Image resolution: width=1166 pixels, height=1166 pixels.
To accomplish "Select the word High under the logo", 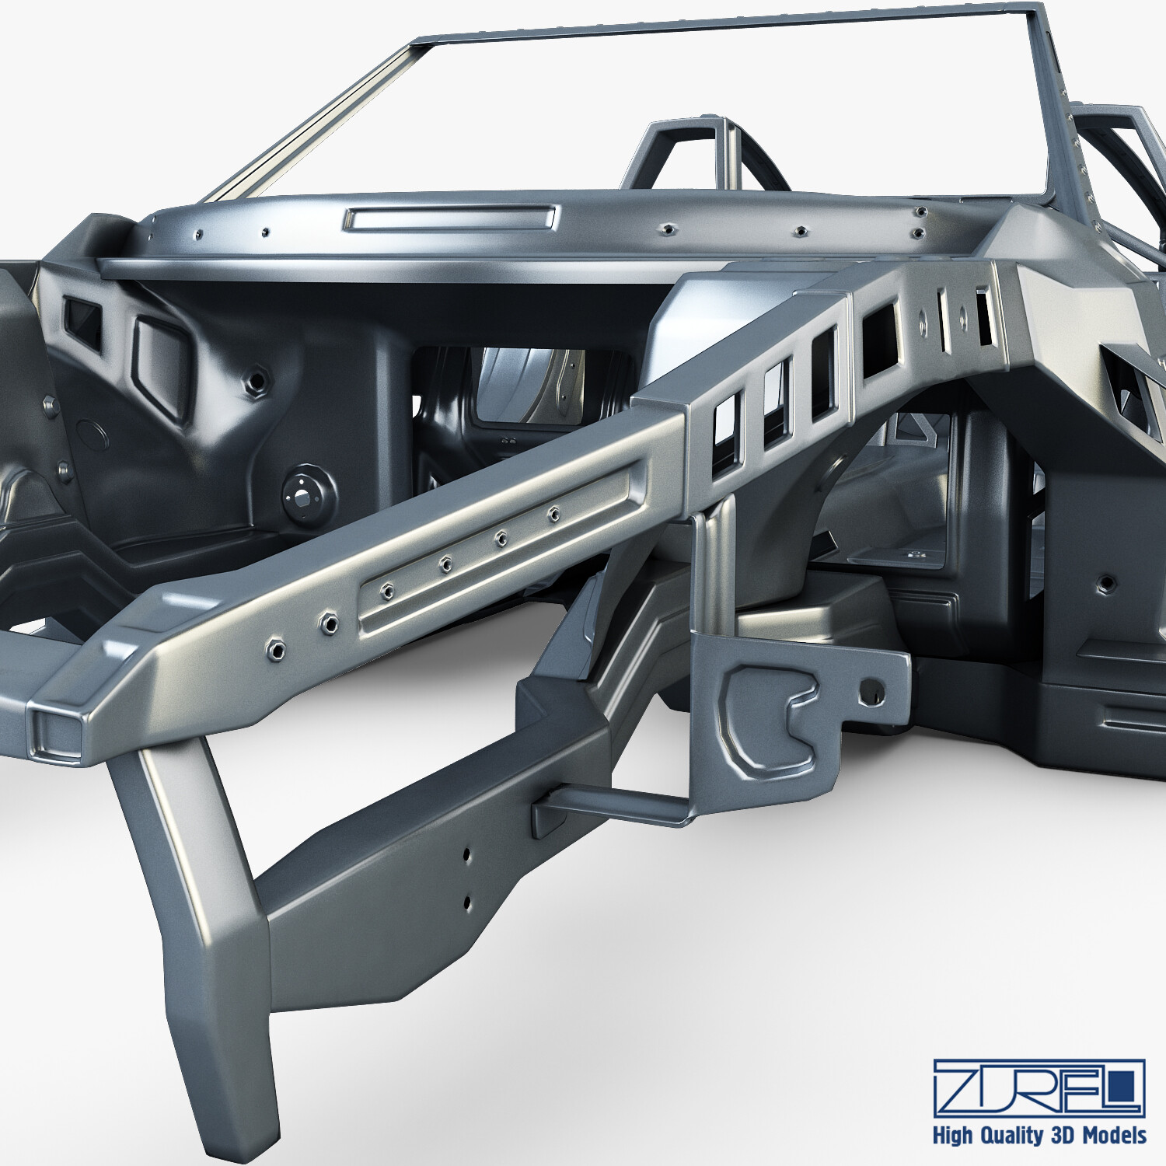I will click(x=952, y=1135).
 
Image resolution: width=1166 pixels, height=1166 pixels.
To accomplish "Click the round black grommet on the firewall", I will click(x=309, y=494).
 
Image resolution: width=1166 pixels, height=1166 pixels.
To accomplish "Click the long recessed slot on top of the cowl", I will click(x=451, y=218).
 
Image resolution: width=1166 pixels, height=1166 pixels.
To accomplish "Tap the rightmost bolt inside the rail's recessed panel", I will click(x=553, y=513).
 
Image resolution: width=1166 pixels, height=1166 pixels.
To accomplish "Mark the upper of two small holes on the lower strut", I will click(x=467, y=854).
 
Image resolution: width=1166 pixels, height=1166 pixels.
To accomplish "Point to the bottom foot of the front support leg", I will click(x=233, y=1119).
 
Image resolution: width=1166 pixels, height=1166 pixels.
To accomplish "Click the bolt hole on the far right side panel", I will click(x=1105, y=585).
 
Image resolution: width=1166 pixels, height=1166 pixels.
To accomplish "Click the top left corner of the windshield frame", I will click(x=420, y=43).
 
